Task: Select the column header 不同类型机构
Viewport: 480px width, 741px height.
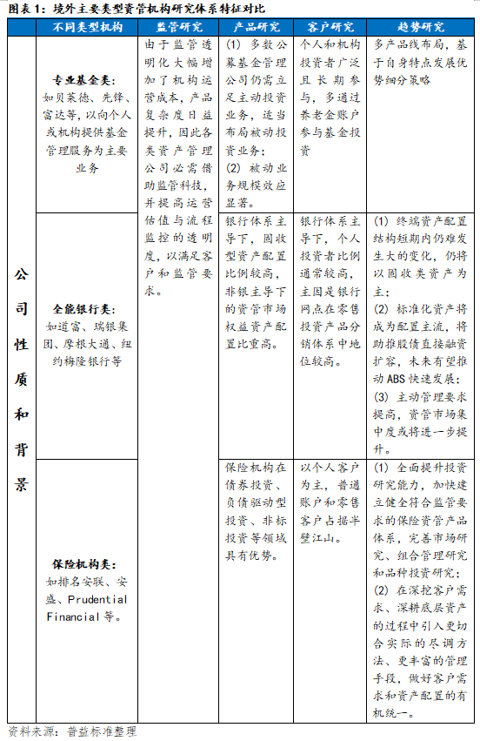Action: [x=88, y=27]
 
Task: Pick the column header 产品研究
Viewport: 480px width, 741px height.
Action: [x=258, y=27]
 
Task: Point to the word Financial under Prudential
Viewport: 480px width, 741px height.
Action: [x=75, y=616]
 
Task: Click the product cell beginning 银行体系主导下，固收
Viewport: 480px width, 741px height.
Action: [x=258, y=282]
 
